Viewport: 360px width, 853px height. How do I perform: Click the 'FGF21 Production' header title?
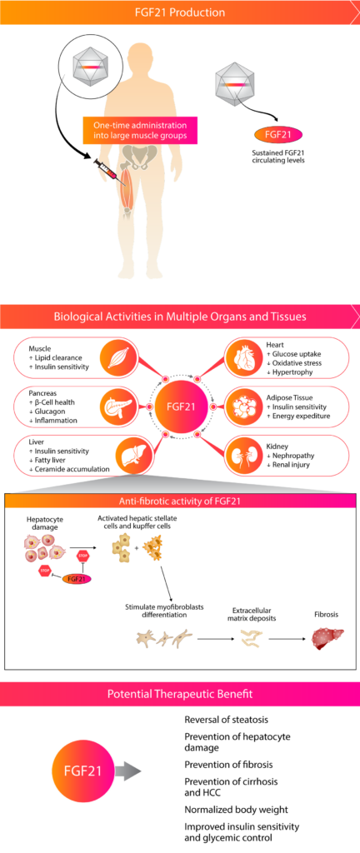(179, 12)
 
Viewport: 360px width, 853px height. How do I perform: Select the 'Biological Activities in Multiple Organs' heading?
(180, 317)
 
